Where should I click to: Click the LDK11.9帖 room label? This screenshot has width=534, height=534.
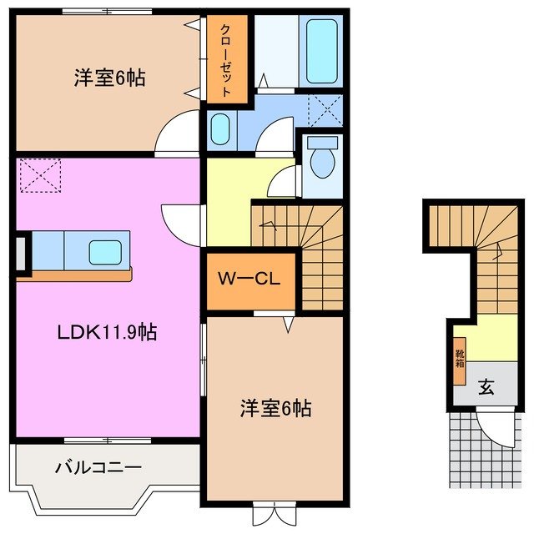(x=106, y=332)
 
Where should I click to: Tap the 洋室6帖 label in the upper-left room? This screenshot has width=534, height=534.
(x=107, y=78)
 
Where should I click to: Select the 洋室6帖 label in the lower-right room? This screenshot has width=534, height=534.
(x=276, y=409)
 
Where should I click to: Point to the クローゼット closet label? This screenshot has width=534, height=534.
(x=227, y=60)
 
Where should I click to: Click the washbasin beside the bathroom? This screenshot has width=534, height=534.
(x=220, y=130)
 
